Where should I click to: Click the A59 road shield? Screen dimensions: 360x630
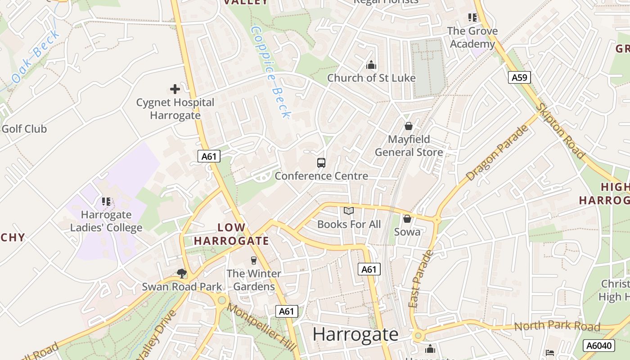point(519,77)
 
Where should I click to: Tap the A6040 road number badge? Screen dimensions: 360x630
point(599,346)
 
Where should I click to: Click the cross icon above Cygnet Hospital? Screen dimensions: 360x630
point(175,89)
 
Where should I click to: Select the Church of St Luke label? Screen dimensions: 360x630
point(371,78)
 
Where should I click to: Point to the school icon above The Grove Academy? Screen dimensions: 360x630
point(472,18)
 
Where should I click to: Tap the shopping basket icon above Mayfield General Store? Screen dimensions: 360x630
point(409,126)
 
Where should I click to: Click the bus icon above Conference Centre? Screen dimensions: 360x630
point(321,163)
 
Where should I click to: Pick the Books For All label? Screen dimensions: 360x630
point(349,224)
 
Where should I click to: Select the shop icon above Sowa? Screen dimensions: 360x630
point(407,219)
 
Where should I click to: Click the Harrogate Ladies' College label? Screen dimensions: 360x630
point(106,221)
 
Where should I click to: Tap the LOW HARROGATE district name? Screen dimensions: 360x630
point(231,234)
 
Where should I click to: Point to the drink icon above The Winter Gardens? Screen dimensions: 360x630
point(253,260)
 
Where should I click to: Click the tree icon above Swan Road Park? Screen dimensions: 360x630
point(182,273)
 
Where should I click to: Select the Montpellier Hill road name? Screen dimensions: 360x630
point(261,327)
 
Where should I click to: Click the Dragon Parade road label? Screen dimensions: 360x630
point(497,153)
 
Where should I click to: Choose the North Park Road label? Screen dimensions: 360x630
point(557,326)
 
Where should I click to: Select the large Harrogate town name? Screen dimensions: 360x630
point(355,334)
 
